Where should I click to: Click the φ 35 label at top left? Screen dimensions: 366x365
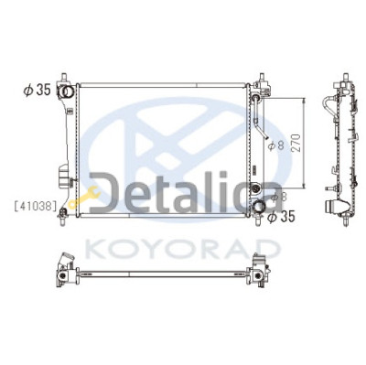(37, 91)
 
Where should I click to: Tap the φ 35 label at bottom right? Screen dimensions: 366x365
(281, 217)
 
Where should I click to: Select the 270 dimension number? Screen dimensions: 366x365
(297, 143)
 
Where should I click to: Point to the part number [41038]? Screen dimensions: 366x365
(36, 206)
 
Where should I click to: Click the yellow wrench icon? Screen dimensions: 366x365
(84, 197)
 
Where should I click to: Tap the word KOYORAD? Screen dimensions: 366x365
(181, 249)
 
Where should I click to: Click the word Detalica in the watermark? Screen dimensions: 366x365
(186, 193)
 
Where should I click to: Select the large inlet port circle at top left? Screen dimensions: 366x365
(66, 91)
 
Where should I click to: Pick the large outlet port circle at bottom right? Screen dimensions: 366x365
(259, 207)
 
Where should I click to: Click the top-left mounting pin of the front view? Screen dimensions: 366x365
(64, 77)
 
